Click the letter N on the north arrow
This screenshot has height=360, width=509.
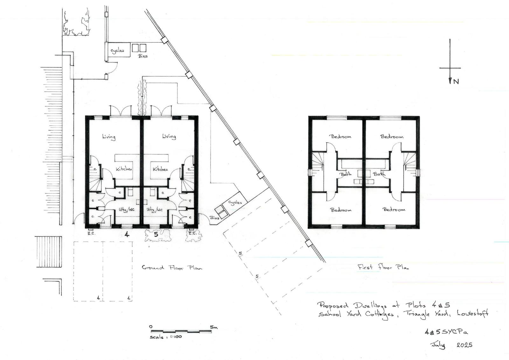(456, 81)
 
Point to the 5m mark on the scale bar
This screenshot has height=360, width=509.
(213, 327)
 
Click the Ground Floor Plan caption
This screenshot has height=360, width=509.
(172, 268)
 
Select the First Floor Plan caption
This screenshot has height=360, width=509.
(383, 267)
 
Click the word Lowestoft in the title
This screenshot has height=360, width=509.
(472, 314)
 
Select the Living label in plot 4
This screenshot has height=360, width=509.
(109, 137)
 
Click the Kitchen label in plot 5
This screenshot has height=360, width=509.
(160, 170)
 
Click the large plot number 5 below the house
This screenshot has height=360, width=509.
(156, 235)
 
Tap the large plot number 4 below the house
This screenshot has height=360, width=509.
(127, 235)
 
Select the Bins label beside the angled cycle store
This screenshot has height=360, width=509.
(214, 218)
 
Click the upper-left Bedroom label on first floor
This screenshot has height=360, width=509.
(341, 137)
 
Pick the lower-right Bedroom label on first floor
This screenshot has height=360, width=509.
(394, 210)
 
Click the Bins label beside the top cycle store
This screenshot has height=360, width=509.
(143, 56)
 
